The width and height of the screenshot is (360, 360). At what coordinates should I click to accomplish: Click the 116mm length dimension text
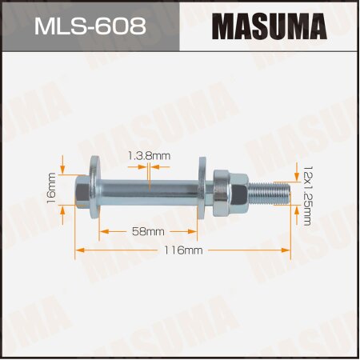[183, 250]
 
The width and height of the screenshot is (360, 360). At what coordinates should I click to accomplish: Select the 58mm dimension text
[149, 230]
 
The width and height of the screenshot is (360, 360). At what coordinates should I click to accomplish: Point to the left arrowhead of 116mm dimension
[79, 250]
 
